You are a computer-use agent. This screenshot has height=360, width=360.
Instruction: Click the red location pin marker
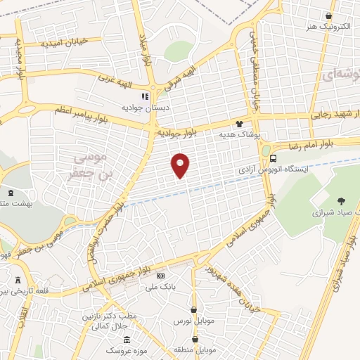pos(181,165)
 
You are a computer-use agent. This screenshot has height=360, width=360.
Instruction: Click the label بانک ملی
pos(160,286)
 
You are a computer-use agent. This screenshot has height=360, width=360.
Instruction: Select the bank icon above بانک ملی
pos(160,276)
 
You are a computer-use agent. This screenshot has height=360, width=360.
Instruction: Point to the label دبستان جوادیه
pos(143,108)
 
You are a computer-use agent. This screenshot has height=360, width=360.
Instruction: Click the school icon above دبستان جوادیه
pos(144,97)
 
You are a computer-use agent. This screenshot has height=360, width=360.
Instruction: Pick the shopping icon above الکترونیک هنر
pos(329,15)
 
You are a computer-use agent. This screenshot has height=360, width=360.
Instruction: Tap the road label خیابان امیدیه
pos(63,43)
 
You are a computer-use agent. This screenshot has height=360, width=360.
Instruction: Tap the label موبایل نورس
pos(193,320)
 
